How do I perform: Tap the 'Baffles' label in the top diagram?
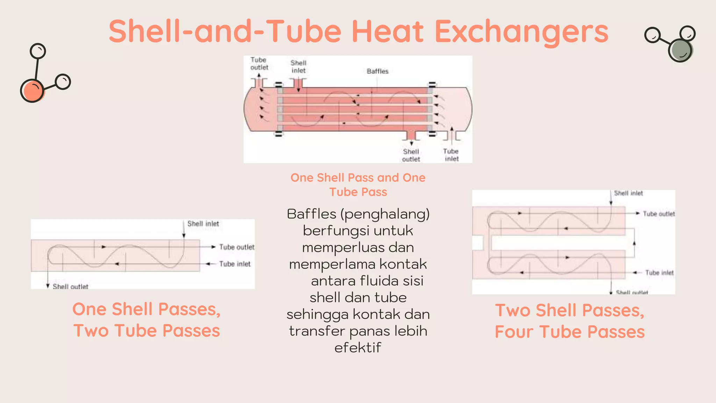pos(378,71)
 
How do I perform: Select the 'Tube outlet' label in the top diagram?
pos(259,64)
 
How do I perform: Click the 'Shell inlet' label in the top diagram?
pos(299,67)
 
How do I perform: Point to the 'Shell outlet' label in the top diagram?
pos(411,155)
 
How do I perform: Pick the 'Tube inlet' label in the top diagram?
pos(451,155)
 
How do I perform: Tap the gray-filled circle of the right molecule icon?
pos(680,50)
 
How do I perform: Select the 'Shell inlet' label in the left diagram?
pos(203,224)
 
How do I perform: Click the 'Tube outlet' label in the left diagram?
pos(237,247)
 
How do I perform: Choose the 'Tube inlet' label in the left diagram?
pos(235,264)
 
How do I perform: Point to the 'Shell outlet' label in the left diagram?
pos(70,287)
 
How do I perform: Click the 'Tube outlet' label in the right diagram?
pos(659,214)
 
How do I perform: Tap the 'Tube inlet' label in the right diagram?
pos(659,273)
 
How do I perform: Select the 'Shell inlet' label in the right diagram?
pos(628,193)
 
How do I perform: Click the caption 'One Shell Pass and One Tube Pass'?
pos(358,185)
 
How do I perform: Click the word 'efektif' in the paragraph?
pos(358,348)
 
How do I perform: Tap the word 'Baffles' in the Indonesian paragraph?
pos(312,214)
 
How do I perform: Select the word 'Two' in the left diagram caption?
pos(91,331)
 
